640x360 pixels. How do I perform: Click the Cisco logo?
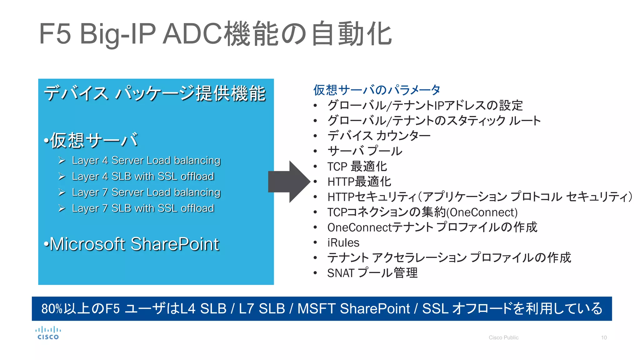(48, 333)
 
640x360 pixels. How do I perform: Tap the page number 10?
(604, 337)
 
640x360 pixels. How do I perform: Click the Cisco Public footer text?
(503, 337)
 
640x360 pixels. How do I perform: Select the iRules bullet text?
(343, 242)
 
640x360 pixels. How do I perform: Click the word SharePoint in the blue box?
(175, 244)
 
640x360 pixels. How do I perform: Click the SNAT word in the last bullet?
(340, 273)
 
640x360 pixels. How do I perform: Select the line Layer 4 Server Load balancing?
(146, 160)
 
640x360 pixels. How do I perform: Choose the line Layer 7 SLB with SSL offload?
(143, 208)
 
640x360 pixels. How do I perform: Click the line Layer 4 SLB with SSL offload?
(143, 176)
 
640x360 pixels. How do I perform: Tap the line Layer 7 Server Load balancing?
(146, 192)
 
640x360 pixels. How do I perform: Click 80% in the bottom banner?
(52, 309)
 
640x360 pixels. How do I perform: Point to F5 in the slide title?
(55, 34)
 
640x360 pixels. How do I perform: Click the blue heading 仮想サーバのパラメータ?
(377, 90)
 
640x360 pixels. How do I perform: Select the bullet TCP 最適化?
(357, 166)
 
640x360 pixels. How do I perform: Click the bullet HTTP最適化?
(359, 182)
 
